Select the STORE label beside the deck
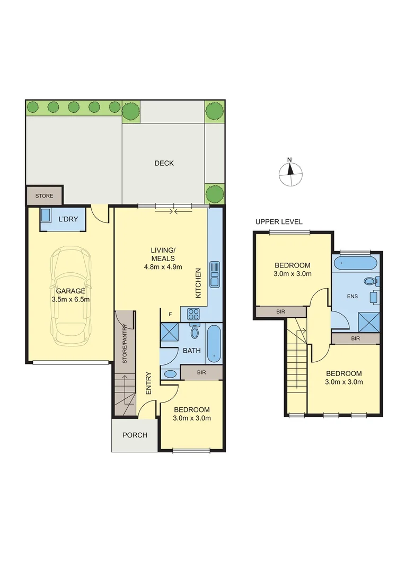coord(45,196)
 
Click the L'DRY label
coord(68,219)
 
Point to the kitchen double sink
coord(215,274)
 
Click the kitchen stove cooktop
coord(193,314)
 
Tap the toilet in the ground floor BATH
coord(194,332)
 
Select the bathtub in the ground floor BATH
coord(214,344)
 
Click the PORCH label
coord(135,435)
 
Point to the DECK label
coord(164,163)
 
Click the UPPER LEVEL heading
coord(279,222)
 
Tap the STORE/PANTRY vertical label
coord(125,343)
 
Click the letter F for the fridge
coord(170,314)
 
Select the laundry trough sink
coord(47,216)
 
